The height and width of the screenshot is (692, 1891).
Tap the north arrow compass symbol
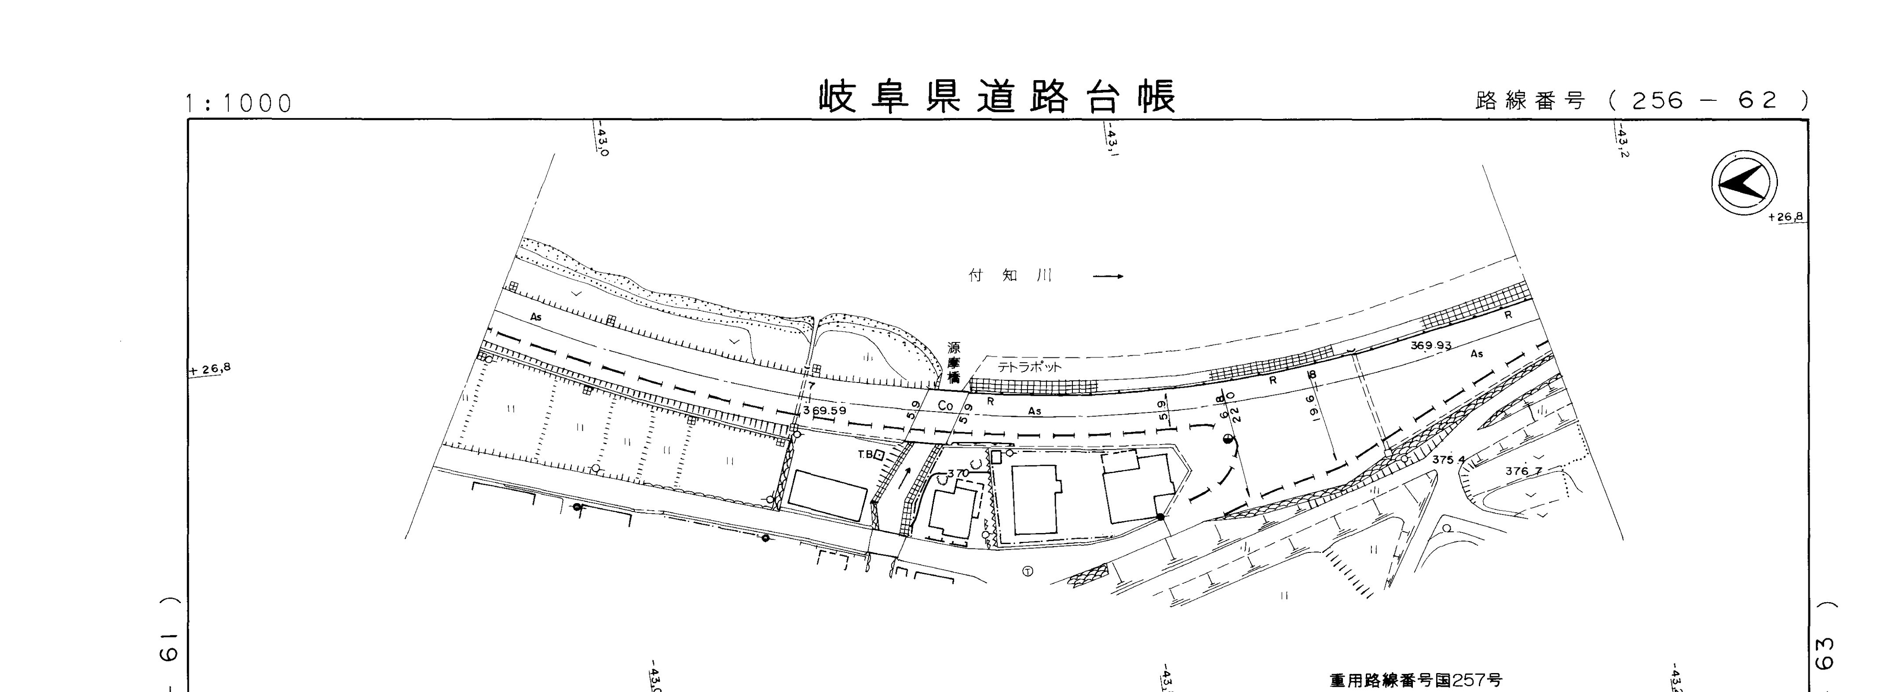(1744, 183)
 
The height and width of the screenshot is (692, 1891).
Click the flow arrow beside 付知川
(1108, 277)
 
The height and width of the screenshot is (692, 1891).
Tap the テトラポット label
(1029, 367)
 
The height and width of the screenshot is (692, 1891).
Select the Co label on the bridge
(946, 405)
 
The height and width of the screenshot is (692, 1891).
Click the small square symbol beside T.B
(879, 455)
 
